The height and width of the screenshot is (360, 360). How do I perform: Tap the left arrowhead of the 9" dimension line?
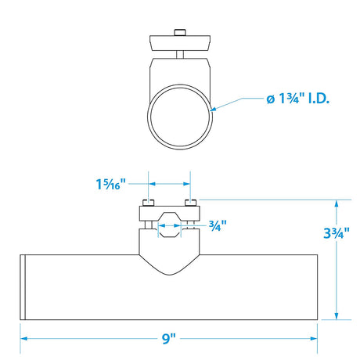[x=25, y=338]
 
